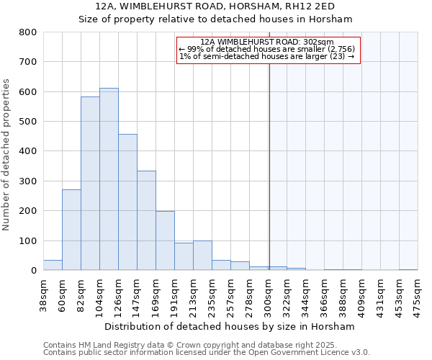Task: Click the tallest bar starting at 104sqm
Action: pos(109,179)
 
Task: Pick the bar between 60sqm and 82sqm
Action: pos(71,230)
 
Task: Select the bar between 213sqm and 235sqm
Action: pos(202,256)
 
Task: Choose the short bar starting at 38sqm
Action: pos(53,265)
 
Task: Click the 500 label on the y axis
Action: pos(27,122)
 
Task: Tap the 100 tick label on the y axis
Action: pos(27,241)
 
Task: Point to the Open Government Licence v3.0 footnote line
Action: pos(207,353)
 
